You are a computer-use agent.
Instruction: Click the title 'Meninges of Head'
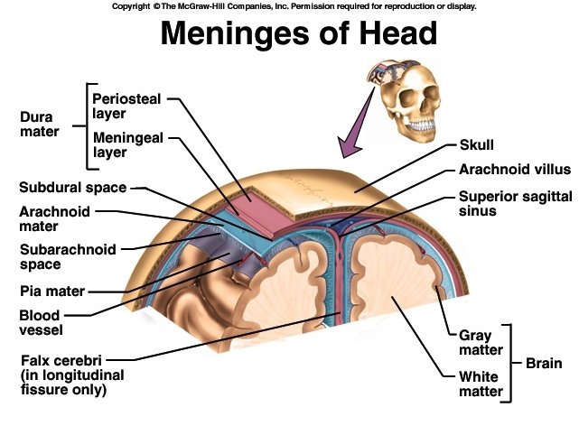click(x=299, y=34)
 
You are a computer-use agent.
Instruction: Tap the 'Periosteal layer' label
click(x=128, y=105)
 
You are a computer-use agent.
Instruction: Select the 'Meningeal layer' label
click(x=128, y=144)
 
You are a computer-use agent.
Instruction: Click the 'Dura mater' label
click(x=39, y=125)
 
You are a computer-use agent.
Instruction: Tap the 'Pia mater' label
click(x=52, y=292)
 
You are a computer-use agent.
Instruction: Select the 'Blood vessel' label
click(x=40, y=322)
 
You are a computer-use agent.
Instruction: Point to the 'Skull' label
click(x=477, y=144)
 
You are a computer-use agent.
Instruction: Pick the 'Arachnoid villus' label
click(x=510, y=169)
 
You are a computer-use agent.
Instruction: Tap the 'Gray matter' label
click(x=474, y=343)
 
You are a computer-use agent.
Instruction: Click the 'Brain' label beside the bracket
click(x=544, y=364)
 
